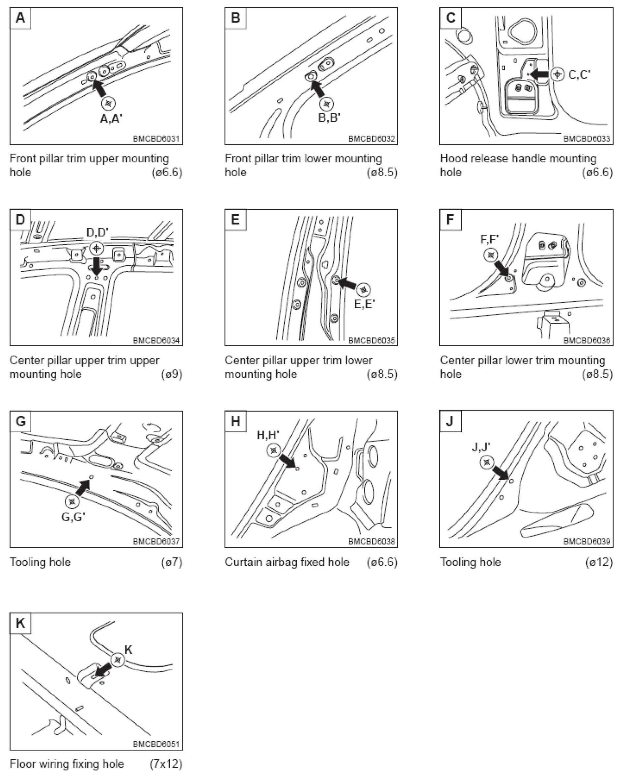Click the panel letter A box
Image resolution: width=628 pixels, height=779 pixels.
coord(21,18)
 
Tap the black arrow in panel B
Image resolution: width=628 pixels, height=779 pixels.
coord(318,89)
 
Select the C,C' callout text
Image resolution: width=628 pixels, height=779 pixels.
coord(579,74)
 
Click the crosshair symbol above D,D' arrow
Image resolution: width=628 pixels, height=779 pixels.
coord(96,248)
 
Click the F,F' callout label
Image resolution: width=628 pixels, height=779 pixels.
coord(489,239)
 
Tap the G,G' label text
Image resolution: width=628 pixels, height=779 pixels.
coord(73,517)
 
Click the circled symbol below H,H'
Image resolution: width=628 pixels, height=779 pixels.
coord(273,450)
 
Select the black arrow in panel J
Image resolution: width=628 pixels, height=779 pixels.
coord(501,472)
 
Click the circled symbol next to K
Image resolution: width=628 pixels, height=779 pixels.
coord(117,660)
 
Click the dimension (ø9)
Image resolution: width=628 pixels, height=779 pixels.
coord(172,374)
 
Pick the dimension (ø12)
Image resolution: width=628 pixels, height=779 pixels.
coord(599,562)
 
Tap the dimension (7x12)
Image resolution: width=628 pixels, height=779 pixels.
coord(166,764)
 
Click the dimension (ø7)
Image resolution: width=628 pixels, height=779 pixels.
coord(172,562)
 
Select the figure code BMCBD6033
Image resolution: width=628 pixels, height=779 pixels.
coord(587,139)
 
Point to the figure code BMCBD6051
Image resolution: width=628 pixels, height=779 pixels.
coord(156,744)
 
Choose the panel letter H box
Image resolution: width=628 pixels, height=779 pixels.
coord(235,421)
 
